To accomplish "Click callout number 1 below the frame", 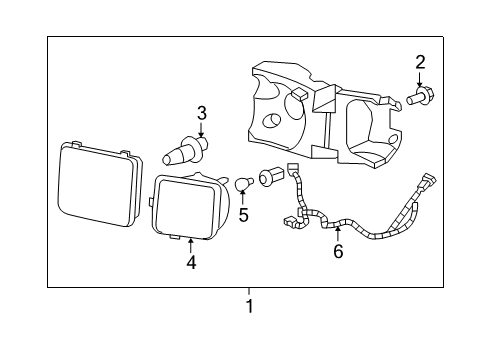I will click(x=249, y=307).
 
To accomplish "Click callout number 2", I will click(x=420, y=62).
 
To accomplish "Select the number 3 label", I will click(x=201, y=113).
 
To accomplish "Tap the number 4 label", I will click(x=190, y=263).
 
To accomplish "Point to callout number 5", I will click(x=242, y=214).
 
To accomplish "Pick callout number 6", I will click(x=338, y=252).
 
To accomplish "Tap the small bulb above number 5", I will click(x=241, y=183).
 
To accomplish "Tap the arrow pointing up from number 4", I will click(x=190, y=246).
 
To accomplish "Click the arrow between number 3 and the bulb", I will click(x=201, y=130).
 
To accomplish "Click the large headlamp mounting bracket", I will click(x=320, y=115).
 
